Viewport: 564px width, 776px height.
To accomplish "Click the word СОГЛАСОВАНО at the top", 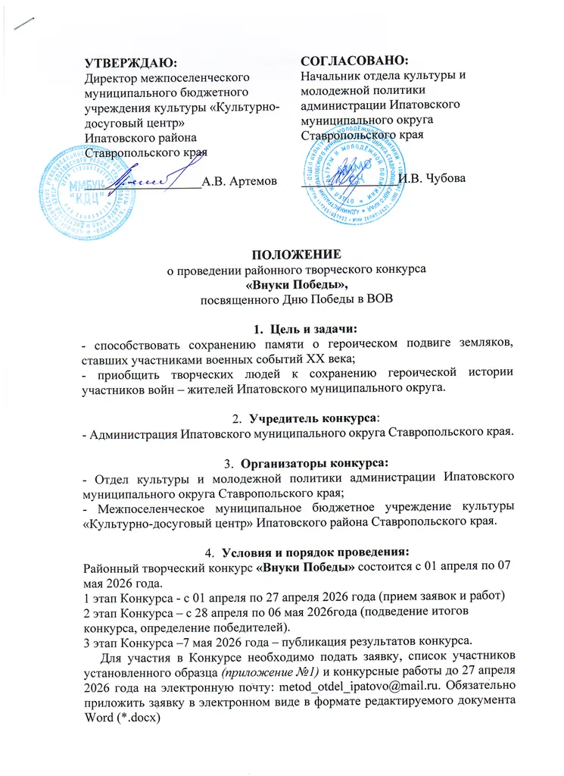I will pos(354,60).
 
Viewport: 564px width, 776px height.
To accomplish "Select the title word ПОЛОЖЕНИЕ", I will pos(281,254).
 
